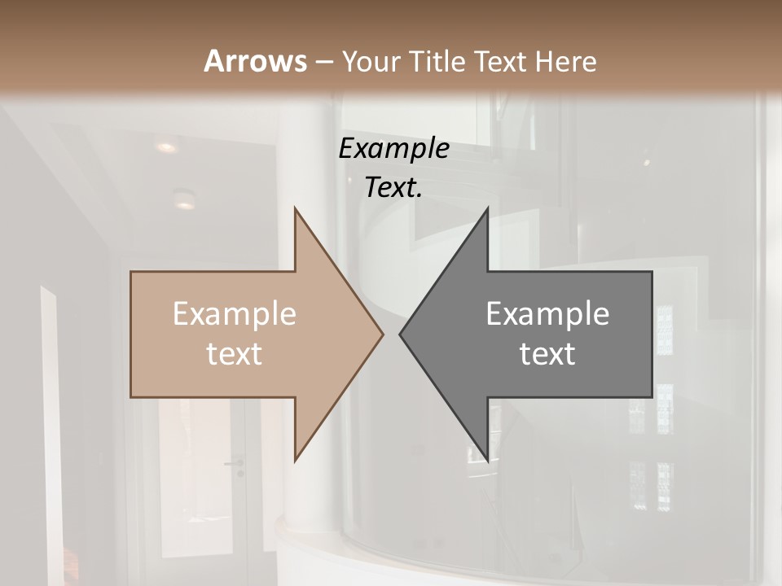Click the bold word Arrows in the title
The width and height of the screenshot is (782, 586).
[255, 61]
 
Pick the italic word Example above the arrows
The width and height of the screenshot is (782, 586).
[394, 149]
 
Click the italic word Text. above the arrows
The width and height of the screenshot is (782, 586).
[394, 188]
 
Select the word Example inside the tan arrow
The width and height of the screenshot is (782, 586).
[235, 314]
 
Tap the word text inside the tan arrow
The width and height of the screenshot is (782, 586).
[235, 353]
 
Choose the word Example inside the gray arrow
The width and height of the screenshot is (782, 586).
[547, 314]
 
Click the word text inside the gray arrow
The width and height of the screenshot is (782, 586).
[547, 353]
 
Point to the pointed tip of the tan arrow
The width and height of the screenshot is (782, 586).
[383, 334]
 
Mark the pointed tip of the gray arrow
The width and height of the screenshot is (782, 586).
[400, 334]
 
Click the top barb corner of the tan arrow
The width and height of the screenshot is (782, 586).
[295, 208]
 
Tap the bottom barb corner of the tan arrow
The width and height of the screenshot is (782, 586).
[295, 461]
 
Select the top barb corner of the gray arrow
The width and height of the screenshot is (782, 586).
[487, 208]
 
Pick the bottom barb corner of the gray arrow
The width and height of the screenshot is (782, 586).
[487, 461]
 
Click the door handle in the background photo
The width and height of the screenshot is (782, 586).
[235, 464]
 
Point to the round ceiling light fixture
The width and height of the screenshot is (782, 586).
[185, 198]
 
